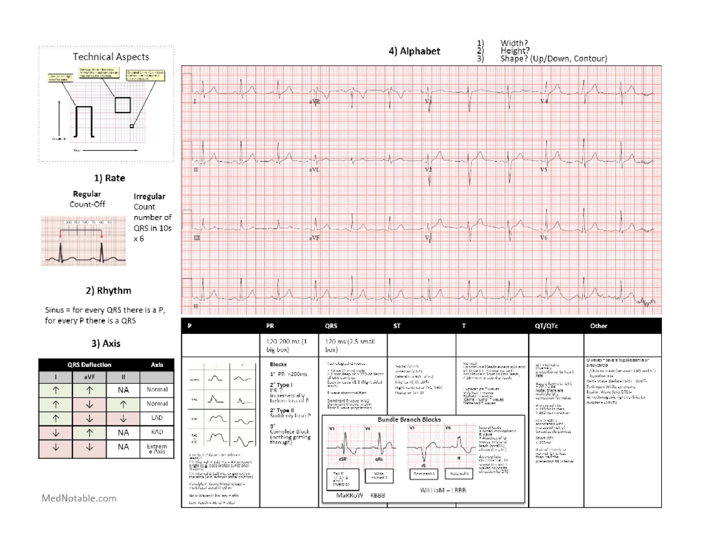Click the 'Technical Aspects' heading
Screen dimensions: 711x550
(x=111, y=57)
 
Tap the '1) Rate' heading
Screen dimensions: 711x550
(x=108, y=177)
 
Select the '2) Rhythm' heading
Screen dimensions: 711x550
(x=108, y=291)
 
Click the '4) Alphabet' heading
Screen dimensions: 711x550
(x=414, y=52)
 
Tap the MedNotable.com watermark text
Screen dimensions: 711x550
(x=79, y=498)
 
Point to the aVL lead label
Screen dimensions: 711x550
(x=314, y=170)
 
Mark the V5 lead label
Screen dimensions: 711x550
(x=543, y=170)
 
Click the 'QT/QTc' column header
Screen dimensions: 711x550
(x=547, y=326)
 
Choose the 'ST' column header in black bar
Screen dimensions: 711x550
(x=396, y=326)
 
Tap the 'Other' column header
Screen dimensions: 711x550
(x=598, y=326)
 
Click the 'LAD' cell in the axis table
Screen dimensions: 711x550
(x=158, y=418)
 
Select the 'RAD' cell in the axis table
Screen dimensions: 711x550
(x=158, y=432)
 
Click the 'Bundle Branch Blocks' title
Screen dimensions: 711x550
(x=414, y=419)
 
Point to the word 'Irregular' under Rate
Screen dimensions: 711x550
(x=149, y=196)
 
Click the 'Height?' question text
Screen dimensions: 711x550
(x=514, y=51)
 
